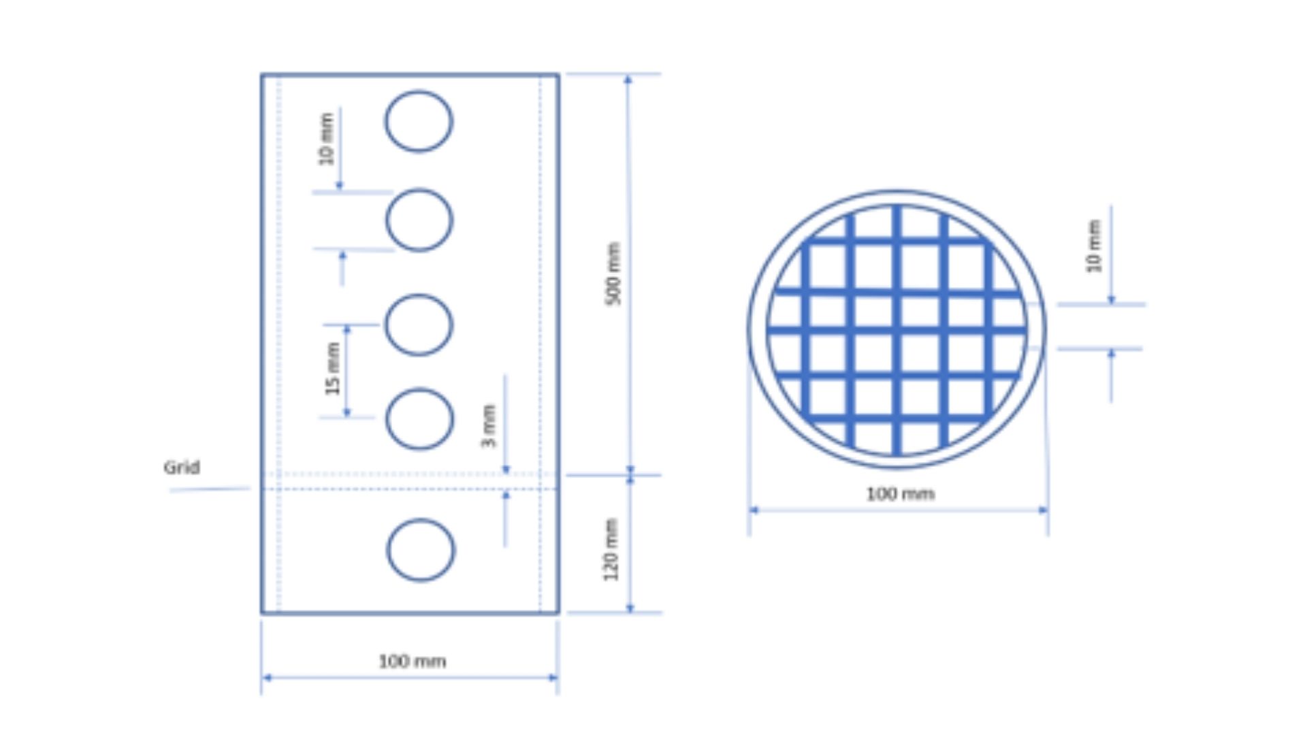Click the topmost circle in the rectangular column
(386, 121)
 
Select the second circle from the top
(387, 220)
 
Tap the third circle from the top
(386, 325)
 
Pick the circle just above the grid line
(387, 419)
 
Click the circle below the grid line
(388, 550)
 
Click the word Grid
(182, 468)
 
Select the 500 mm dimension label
(613, 274)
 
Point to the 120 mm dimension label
(611, 550)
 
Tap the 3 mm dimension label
(489, 427)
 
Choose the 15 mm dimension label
(332, 369)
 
